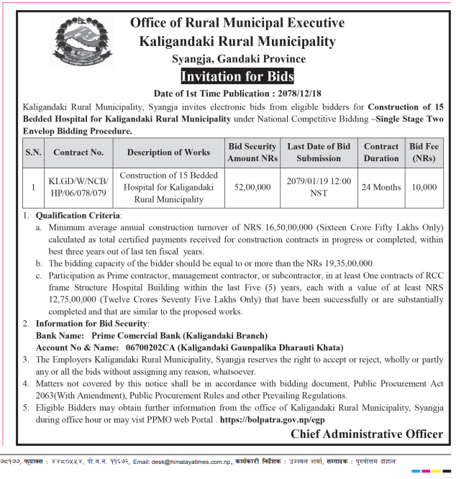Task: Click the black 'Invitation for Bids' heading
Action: (237, 76)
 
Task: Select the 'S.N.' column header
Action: (33, 152)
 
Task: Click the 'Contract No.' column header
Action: (78, 152)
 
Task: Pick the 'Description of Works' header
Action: (168, 152)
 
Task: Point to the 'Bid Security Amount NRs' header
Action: (252, 152)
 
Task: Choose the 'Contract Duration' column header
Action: (381, 152)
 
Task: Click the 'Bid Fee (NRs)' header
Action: (423, 152)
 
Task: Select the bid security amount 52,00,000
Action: (252, 187)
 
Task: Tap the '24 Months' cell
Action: (381, 187)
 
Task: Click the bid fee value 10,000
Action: (424, 187)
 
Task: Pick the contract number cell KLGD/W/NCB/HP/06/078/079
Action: (78, 187)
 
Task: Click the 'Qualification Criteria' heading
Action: (79, 215)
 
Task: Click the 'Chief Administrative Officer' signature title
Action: (367, 434)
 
